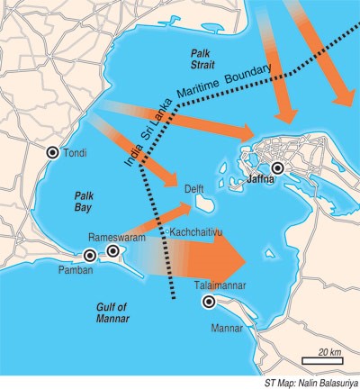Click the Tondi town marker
(53, 153)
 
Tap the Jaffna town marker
(278, 167)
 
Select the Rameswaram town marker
(113, 250)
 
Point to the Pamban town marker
(89, 257)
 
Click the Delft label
(195, 189)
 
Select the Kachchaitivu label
(196, 232)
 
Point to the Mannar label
(228, 330)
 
